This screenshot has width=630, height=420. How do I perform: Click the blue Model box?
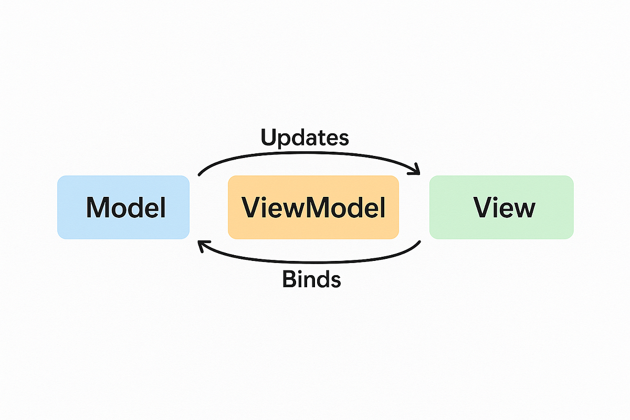click(123, 207)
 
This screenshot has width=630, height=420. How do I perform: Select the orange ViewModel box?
click(313, 207)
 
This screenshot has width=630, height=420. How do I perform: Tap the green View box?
click(501, 207)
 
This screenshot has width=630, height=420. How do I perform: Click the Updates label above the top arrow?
click(304, 138)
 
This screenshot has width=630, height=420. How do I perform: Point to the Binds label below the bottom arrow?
click(311, 279)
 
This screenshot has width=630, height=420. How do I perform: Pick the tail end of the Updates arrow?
click(199, 174)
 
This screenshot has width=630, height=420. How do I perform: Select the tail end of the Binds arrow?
click(420, 242)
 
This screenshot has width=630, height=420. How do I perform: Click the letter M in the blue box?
click(98, 208)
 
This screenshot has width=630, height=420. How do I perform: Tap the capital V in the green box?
click(483, 208)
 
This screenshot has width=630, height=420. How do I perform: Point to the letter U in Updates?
click(269, 138)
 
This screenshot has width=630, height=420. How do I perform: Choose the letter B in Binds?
click(290, 279)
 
